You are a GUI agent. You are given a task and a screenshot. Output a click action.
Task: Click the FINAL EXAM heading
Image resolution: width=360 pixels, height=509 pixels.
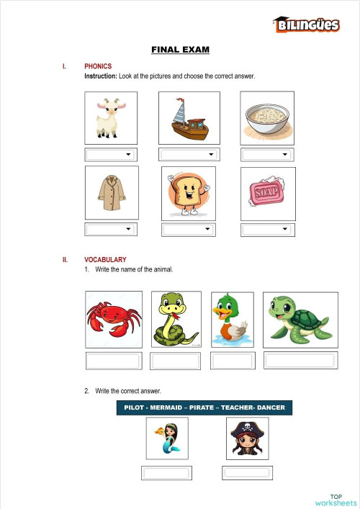click(180, 50)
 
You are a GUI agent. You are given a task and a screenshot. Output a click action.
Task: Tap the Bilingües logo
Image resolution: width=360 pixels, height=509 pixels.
click(306, 25)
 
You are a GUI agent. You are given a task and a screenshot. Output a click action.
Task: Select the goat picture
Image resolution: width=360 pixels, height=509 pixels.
click(110, 117)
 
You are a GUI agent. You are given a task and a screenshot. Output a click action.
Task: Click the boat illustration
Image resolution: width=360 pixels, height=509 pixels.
click(189, 117)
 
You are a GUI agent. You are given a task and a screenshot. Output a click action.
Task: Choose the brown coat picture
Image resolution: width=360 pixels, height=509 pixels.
click(110, 193)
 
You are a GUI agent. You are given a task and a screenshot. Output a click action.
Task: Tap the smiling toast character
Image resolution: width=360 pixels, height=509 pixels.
click(189, 193)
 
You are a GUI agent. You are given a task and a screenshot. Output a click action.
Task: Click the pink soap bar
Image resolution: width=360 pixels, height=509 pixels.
click(267, 193)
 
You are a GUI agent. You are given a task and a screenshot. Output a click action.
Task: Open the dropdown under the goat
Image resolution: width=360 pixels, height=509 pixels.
click(110, 154)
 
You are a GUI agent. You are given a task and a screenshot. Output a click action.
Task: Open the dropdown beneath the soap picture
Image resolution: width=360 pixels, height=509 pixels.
click(267, 229)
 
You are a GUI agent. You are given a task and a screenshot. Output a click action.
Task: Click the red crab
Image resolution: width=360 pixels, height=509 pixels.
click(113, 318)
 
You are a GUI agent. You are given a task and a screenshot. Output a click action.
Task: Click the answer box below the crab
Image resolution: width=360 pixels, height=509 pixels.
click(113, 361)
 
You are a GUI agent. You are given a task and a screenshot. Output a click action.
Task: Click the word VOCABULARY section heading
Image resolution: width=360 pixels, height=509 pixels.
click(105, 259)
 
